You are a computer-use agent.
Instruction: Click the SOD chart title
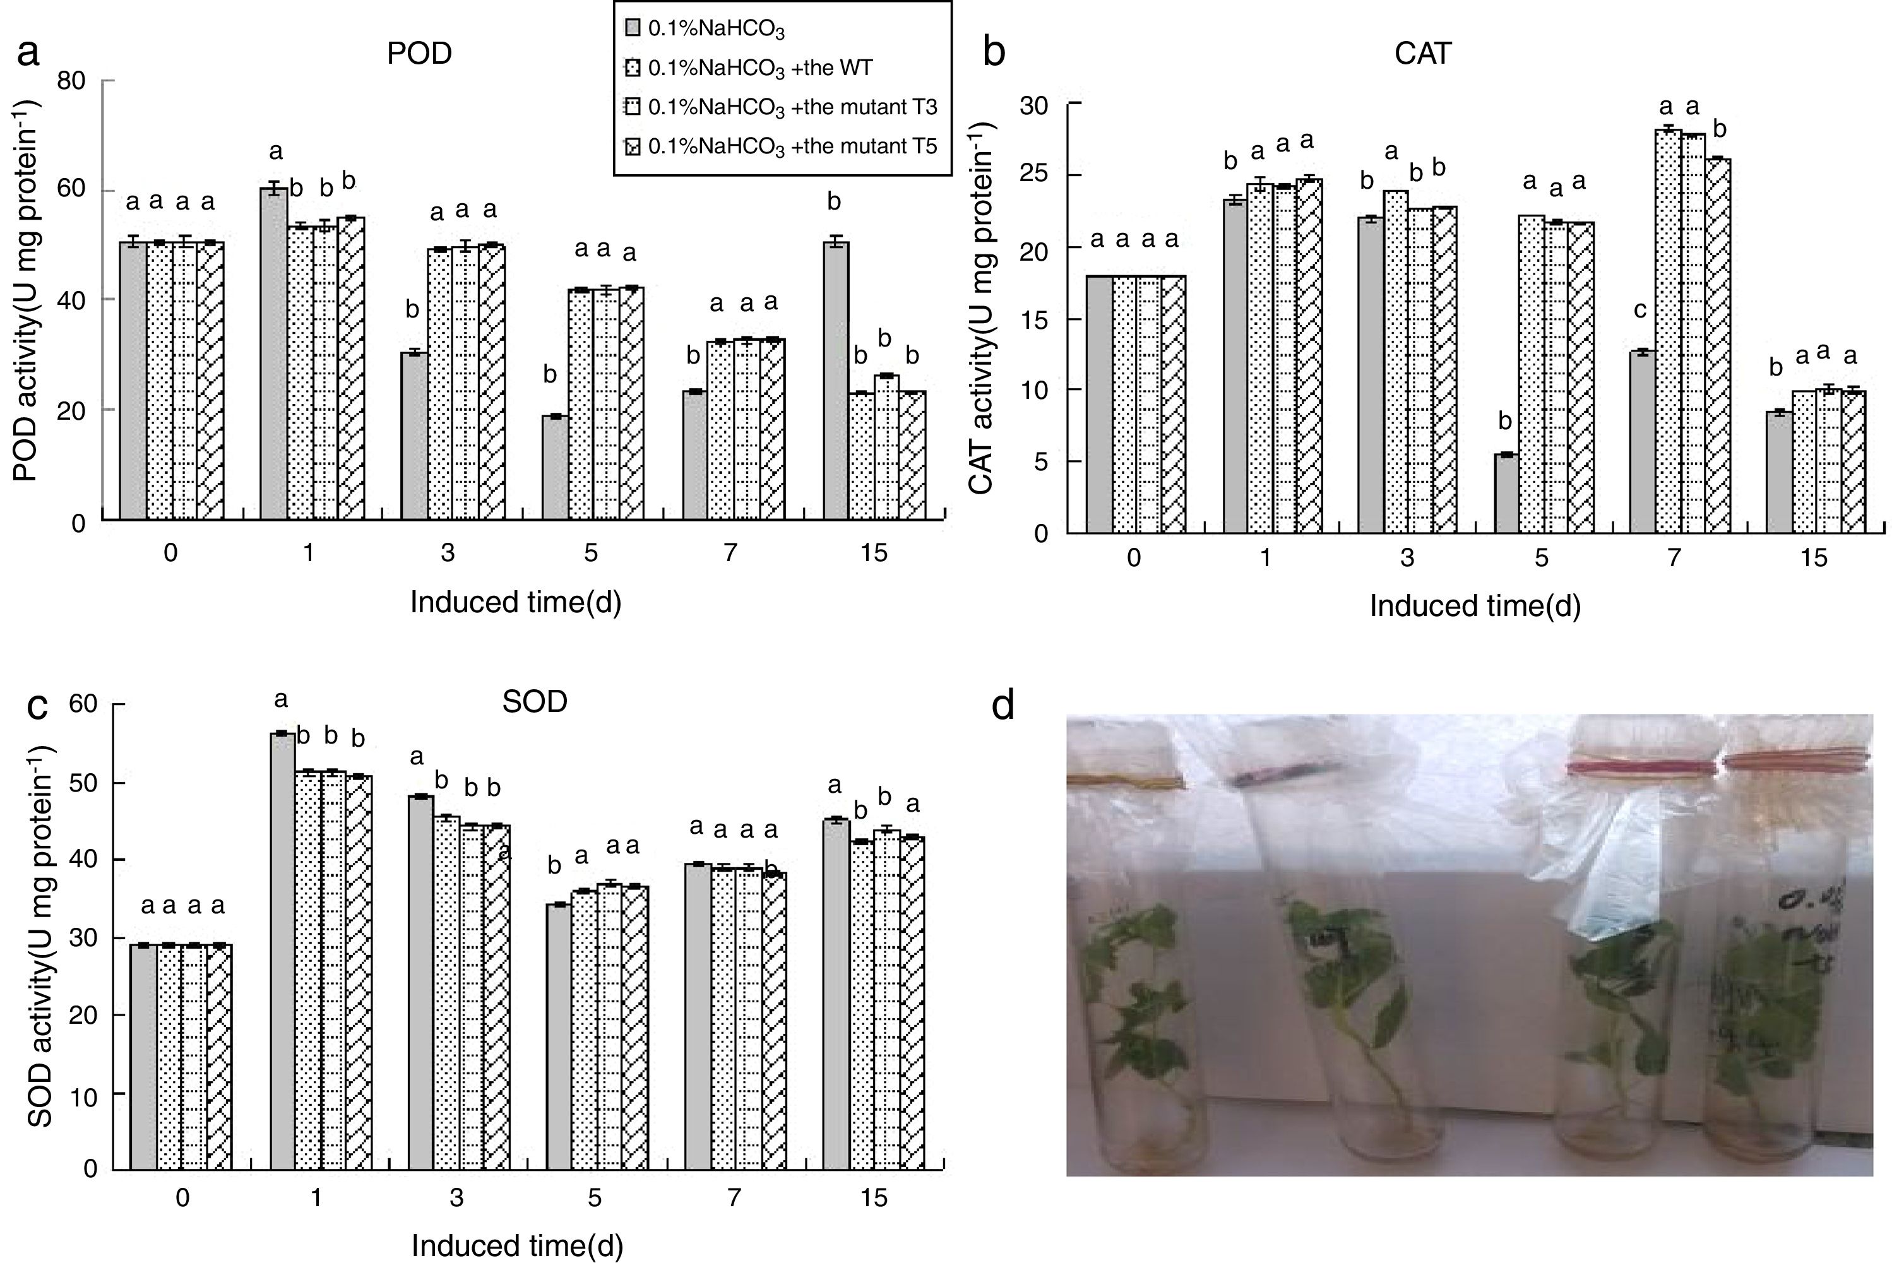[x=534, y=702]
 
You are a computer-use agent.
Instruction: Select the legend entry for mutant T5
[x=782, y=146]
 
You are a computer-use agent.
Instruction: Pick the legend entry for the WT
[x=749, y=68]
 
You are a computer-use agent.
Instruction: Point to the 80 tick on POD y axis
[x=72, y=81]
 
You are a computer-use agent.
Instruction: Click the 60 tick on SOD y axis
[x=83, y=704]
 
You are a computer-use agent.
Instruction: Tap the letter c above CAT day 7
[x=1639, y=309]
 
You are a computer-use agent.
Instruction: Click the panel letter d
[x=1003, y=706]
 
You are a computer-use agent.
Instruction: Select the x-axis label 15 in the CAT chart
[x=1813, y=558]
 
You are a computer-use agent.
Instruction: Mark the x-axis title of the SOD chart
[x=517, y=1245]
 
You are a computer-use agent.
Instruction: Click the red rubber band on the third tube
[x=1639, y=768]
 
